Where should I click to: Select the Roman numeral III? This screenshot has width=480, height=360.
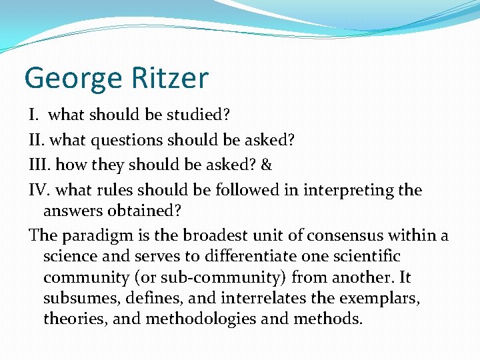pos(39,164)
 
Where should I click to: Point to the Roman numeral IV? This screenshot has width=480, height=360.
pos(39,190)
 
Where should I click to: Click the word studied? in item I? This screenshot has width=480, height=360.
pos(198,114)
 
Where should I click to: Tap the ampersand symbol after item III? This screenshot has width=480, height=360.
pos(267,164)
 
